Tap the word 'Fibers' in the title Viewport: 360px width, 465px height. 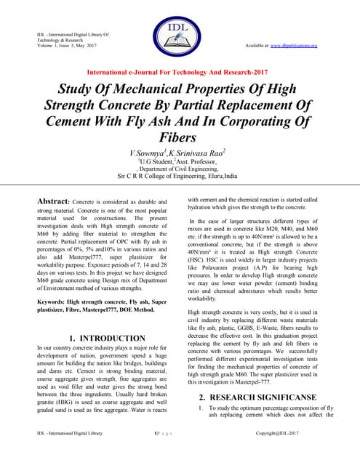tap(179, 138)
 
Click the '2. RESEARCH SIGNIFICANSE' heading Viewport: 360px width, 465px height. tap(257, 398)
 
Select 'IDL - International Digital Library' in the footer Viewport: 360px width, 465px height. tap(70, 452)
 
